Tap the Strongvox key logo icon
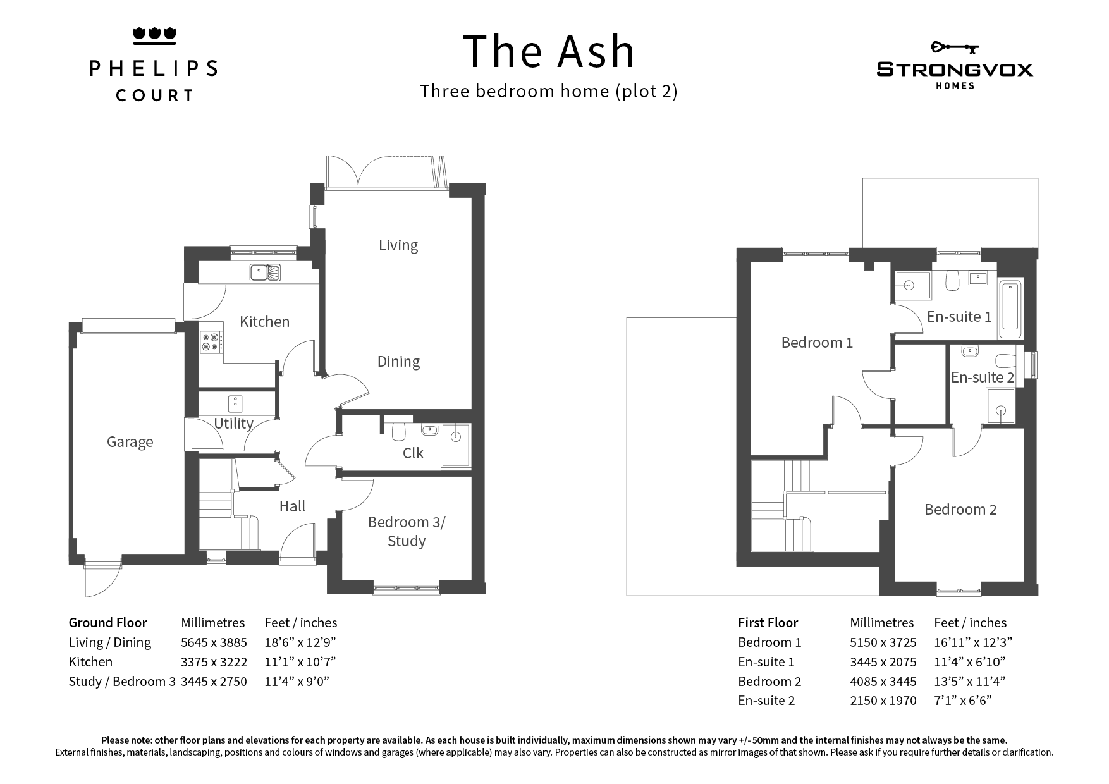[955, 47]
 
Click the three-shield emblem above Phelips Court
[154, 36]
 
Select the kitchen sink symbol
[265, 273]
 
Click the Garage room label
[130, 442]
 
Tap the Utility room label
[233, 423]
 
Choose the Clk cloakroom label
[413, 453]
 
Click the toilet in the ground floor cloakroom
[398, 429]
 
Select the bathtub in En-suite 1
[1010, 306]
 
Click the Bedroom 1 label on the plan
[817, 343]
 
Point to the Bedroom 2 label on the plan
[960, 510]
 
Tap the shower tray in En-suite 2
[1000, 406]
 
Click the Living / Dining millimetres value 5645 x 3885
[214, 642]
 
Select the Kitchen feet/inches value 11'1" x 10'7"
[300, 662]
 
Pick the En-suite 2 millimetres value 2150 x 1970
[883, 701]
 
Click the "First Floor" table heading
[768, 623]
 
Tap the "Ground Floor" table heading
[107, 623]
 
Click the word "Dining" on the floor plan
[398, 362]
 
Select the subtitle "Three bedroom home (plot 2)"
[549, 92]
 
